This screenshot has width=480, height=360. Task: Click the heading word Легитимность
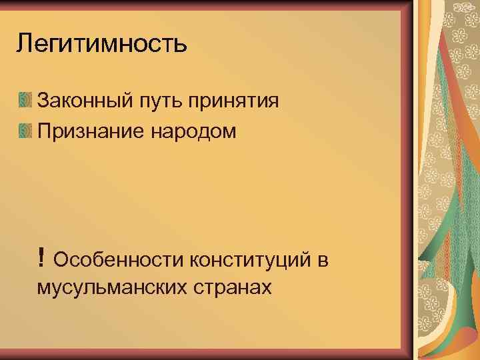(102, 45)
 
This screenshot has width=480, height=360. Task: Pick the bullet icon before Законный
(25, 101)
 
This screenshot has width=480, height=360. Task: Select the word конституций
(250, 259)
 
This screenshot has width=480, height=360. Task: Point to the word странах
(231, 288)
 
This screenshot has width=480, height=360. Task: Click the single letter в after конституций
(322, 259)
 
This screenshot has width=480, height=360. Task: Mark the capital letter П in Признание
(44, 131)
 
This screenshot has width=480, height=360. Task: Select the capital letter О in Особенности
(61, 259)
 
